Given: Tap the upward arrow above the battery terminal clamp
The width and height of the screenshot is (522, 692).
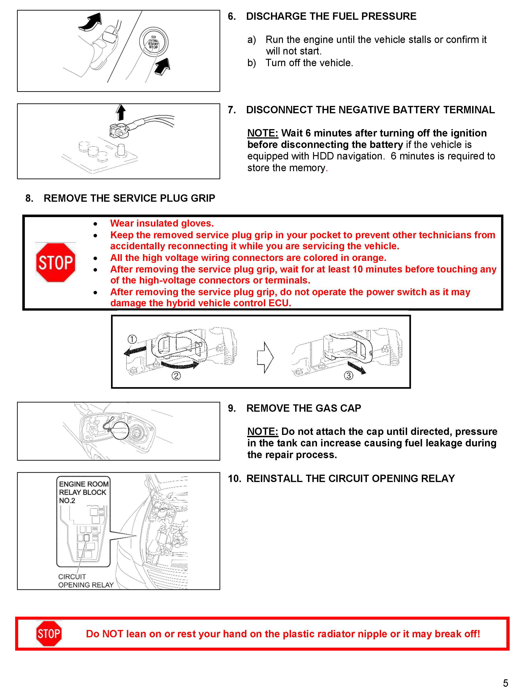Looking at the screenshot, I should [121, 112].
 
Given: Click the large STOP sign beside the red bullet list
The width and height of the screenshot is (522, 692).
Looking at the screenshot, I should [56, 262].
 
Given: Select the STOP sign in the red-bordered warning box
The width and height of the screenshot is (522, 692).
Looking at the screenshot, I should [49, 633].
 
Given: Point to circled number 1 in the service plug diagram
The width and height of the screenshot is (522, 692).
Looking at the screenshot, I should [132, 339].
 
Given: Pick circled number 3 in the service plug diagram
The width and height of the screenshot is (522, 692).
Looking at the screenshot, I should [348, 375].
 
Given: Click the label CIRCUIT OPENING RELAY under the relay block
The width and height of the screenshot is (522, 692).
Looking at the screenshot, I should [86, 581].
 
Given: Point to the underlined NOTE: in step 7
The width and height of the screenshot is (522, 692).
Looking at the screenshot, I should [262, 133].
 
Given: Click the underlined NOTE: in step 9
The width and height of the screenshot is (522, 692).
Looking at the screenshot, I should [262, 431].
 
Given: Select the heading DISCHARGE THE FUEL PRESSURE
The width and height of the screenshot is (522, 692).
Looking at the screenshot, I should [331, 16].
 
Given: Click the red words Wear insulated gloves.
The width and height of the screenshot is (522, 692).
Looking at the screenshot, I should [162, 223].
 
